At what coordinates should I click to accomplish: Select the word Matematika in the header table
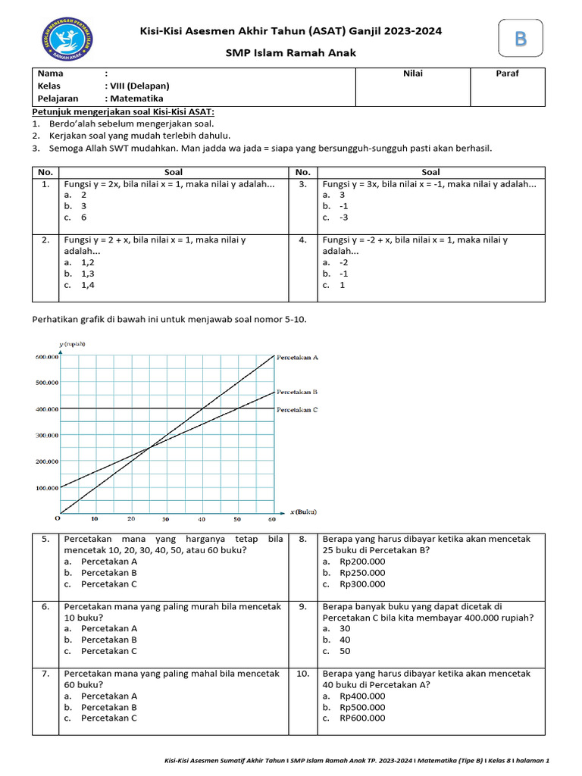(x=137, y=99)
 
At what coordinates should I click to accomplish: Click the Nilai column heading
(x=413, y=74)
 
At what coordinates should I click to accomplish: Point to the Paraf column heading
(x=507, y=74)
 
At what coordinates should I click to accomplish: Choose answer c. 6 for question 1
(x=83, y=217)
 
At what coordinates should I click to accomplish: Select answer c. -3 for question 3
(x=343, y=217)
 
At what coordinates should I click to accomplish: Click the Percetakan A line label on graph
(x=297, y=356)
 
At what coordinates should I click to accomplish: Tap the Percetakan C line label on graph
(x=297, y=409)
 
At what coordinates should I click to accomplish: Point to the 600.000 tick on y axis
(x=47, y=357)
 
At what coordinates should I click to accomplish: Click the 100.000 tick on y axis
(x=47, y=487)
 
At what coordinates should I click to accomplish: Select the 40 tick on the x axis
(x=202, y=519)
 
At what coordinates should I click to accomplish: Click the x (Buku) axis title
(x=303, y=512)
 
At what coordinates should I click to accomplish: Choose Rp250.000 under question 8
(x=362, y=573)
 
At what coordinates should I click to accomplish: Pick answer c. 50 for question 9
(x=345, y=651)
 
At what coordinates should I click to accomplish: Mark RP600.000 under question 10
(x=362, y=718)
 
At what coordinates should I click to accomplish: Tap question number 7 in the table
(x=45, y=673)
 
